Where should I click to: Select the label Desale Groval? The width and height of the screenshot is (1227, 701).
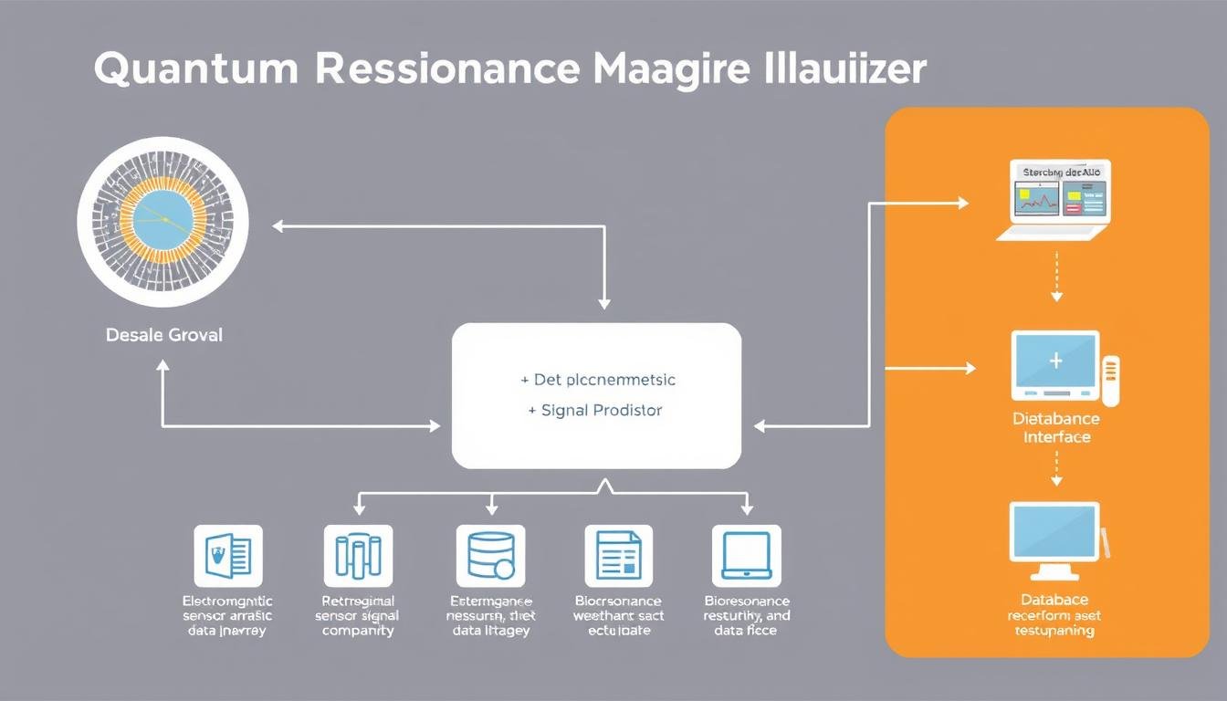click(x=163, y=335)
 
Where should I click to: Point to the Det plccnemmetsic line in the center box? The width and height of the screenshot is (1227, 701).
click(x=597, y=379)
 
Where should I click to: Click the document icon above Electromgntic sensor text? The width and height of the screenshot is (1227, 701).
click(x=228, y=555)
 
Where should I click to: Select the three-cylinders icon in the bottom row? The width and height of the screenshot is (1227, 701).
click(x=358, y=555)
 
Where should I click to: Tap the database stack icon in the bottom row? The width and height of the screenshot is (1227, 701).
click(x=490, y=555)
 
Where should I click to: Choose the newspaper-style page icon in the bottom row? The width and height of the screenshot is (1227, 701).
click(x=618, y=555)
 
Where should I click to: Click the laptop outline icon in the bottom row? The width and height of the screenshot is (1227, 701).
click(x=747, y=555)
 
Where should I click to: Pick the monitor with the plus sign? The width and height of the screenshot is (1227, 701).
click(x=1055, y=365)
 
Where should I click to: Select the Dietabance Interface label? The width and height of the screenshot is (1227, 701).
click(x=1056, y=428)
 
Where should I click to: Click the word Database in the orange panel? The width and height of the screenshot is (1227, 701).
click(x=1054, y=600)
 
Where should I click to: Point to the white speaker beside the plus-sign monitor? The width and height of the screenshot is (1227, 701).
click(x=1110, y=382)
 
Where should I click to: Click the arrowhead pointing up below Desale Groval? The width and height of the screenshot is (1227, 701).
click(x=163, y=365)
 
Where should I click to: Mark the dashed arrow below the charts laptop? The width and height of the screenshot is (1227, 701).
click(x=1056, y=279)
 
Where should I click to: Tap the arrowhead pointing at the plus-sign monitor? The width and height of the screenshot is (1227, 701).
click(x=970, y=369)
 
